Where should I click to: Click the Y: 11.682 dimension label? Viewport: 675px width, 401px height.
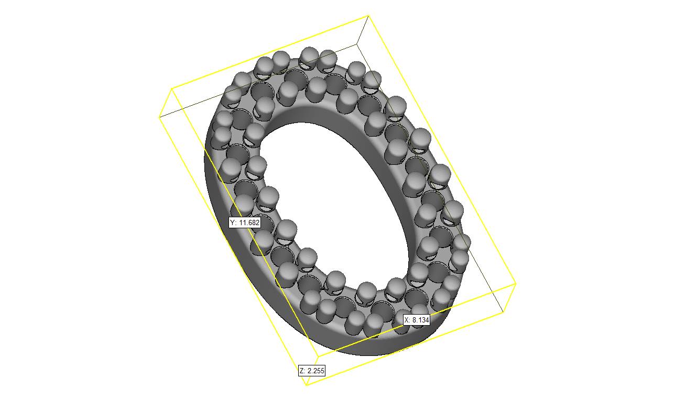[x=244, y=222]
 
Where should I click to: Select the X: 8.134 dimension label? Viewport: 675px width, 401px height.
[x=417, y=320]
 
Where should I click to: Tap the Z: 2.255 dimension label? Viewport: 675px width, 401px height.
[x=312, y=370]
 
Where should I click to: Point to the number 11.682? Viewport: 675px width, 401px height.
[x=249, y=222]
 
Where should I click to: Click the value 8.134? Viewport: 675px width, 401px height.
[x=421, y=320]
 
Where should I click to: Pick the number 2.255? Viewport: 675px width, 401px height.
[x=316, y=370]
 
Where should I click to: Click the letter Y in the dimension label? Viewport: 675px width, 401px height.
[x=232, y=222]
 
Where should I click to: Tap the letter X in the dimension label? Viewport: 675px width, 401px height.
[x=407, y=320]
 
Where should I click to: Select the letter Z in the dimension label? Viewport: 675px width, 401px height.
[x=302, y=370]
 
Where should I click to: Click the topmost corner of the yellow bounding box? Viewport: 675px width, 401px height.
[x=368, y=15]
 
